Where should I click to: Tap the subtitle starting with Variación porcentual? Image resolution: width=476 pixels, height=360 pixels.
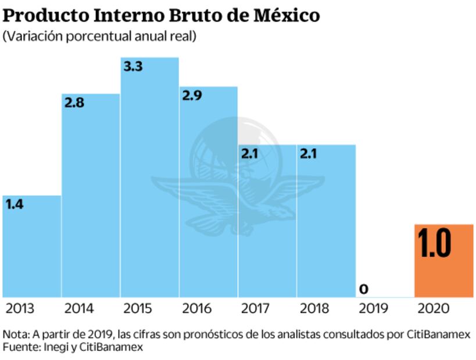click(x=99, y=37)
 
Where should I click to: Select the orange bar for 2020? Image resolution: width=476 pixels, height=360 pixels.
click(x=443, y=261)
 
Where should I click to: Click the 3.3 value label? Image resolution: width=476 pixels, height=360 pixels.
click(x=133, y=66)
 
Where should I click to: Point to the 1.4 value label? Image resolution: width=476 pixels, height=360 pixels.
click(x=15, y=204)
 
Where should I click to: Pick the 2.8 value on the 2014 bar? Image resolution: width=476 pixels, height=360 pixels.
click(x=74, y=103)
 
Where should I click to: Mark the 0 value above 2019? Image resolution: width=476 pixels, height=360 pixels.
click(x=364, y=289)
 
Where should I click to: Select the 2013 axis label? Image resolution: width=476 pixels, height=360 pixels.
click(x=19, y=308)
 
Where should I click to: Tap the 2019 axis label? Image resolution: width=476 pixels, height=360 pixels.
click(x=374, y=308)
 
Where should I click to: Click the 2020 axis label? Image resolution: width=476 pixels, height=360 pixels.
click(x=433, y=308)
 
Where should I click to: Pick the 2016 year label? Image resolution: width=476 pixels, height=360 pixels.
click(x=196, y=308)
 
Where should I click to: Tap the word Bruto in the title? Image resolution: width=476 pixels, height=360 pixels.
click(x=203, y=15)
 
